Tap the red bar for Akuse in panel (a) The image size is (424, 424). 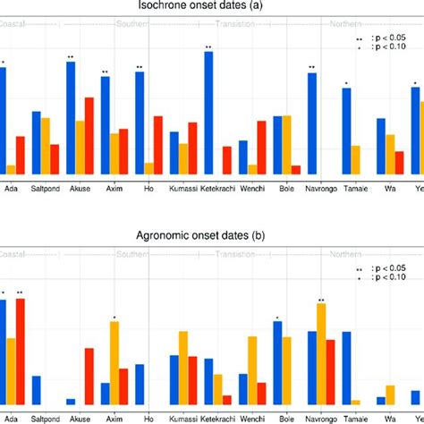[x=89, y=136]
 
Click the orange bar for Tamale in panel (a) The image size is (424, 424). [x=355, y=160]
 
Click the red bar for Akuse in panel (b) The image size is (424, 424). [x=89, y=376]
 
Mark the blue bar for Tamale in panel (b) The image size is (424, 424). [x=346, y=367]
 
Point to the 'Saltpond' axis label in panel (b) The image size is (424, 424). [x=47, y=417]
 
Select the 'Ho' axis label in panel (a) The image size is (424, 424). [x=148, y=189]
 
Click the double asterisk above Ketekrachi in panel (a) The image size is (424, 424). [x=208, y=47]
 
